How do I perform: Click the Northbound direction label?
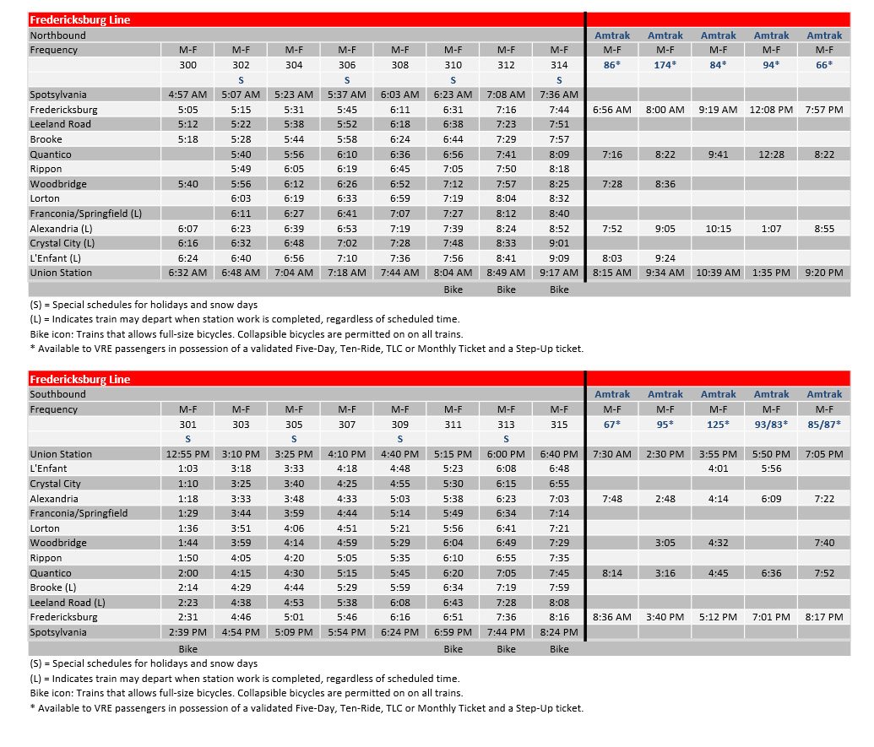click(x=58, y=35)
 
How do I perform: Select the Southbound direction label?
click(x=58, y=394)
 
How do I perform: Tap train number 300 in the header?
click(x=187, y=65)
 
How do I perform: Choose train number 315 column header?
click(x=559, y=425)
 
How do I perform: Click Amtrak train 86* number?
click(x=612, y=65)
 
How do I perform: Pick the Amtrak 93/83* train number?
click(x=771, y=425)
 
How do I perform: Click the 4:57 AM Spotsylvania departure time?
click(x=187, y=95)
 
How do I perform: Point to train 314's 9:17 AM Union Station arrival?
click(x=559, y=273)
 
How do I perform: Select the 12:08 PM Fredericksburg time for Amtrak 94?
click(x=771, y=110)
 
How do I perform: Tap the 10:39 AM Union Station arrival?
click(x=718, y=273)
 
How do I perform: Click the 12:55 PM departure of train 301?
click(x=187, y=454)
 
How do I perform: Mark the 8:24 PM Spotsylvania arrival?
click(x=559, y=632)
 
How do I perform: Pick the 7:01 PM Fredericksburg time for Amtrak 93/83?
click(x=771, y=617)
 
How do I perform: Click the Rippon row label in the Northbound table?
click(x=46, y=169)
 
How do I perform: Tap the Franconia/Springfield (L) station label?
click(x=85, y=214)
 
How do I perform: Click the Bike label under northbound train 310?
click(x=453, y=290)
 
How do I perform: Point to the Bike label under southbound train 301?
click(x=187, y=649)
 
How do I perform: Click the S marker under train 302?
click(x=241, y=79)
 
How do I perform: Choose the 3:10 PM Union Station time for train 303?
click(x=241, y=454)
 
